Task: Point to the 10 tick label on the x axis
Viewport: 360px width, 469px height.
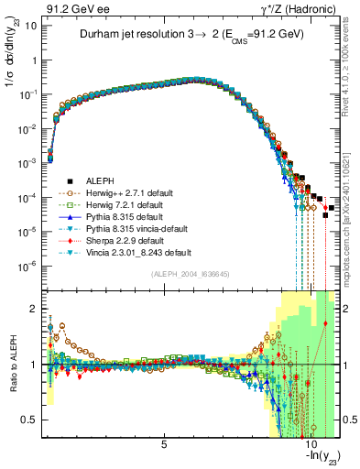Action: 310,444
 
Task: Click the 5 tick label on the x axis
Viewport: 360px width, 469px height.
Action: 164,444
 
